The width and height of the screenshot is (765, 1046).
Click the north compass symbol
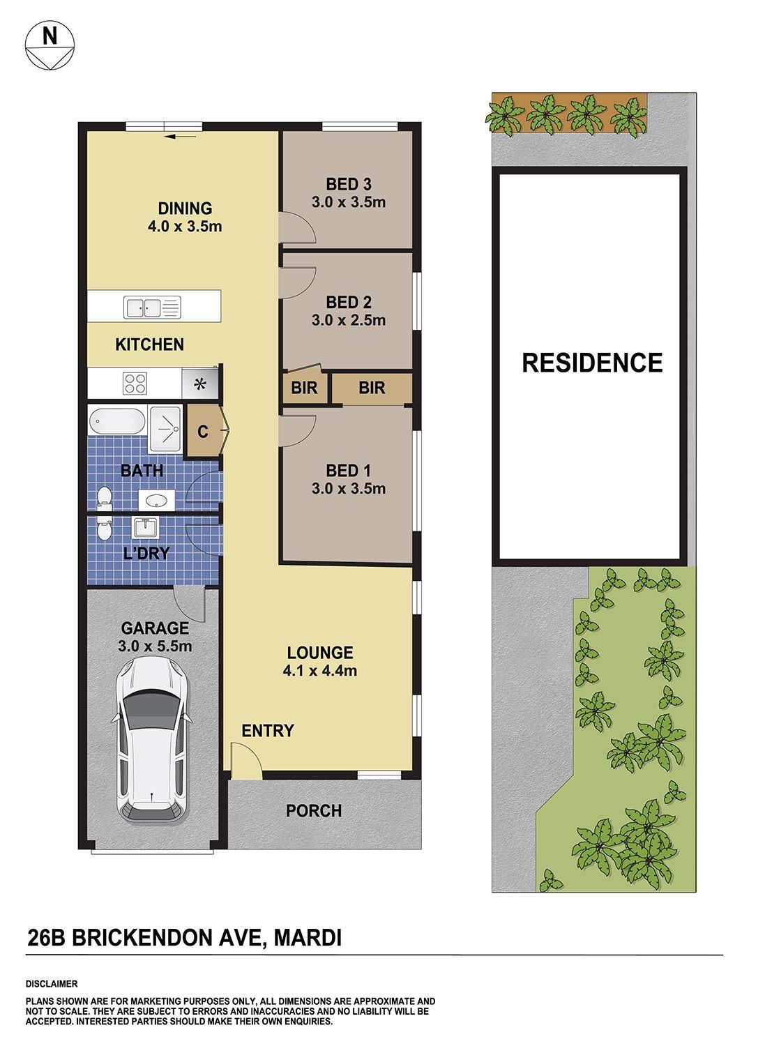click(x=50, y=46)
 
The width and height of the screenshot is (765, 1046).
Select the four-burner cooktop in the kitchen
click(x=135, y=384)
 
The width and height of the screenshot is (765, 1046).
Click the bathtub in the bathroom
click(x=116, y=421)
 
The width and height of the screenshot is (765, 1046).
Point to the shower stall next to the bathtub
click(x=165, y=429)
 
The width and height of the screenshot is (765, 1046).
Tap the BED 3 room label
click(x=349, y=184)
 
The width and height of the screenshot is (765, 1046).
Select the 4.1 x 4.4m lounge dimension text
click(x=320, y=671)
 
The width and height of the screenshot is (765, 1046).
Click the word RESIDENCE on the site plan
click(x=592, y=363)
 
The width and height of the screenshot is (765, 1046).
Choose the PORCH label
click(x=314, y=810)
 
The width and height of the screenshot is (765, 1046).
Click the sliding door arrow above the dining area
click(x=181, y=137)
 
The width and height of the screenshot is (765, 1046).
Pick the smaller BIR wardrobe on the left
click(x=304, y=387)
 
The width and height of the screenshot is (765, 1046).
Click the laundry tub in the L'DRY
click(x=146, y=528)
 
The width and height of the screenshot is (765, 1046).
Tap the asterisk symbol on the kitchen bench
click(x=200, y=384)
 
